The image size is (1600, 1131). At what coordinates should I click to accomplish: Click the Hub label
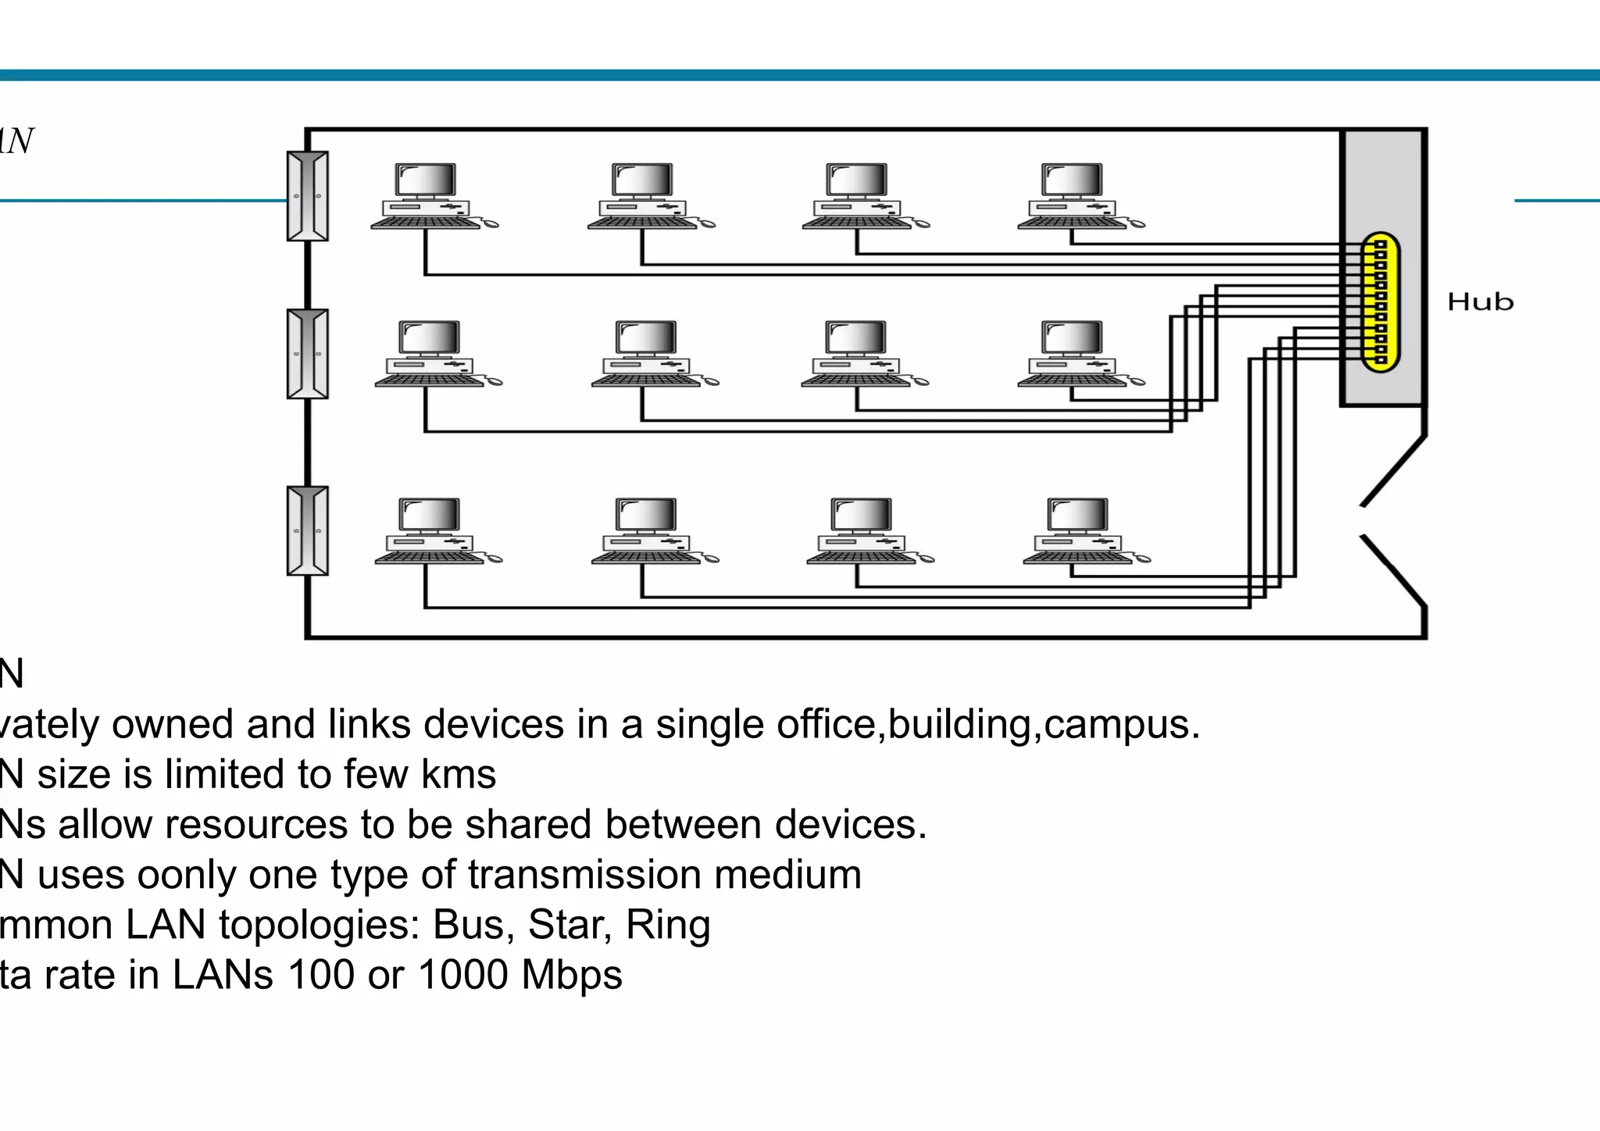click(x=1480, y=301)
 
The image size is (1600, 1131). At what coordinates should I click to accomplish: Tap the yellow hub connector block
click(x=1380, y=302)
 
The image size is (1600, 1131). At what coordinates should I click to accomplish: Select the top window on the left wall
click(x=308, y=196)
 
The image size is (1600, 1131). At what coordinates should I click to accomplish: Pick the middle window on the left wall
click(x=308, y=354)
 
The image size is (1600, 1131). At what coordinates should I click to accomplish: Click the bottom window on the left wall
click(x=308, y=531)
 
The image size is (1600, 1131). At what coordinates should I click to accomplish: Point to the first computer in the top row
click(x=428, y=196)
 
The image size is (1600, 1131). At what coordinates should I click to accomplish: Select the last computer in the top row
click(x=1075, y=196)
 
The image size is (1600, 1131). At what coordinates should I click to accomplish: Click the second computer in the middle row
click(x=648, y=354)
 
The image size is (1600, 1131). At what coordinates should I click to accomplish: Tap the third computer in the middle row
click(x=859, y=354)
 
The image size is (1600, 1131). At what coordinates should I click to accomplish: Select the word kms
click(x=458, y=775)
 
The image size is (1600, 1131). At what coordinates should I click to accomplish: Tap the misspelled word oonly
click(x=187, y=875)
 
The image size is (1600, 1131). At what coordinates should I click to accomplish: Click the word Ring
click(x=668, y=925)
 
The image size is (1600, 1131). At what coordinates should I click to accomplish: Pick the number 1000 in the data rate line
click(x=462, y=975)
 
